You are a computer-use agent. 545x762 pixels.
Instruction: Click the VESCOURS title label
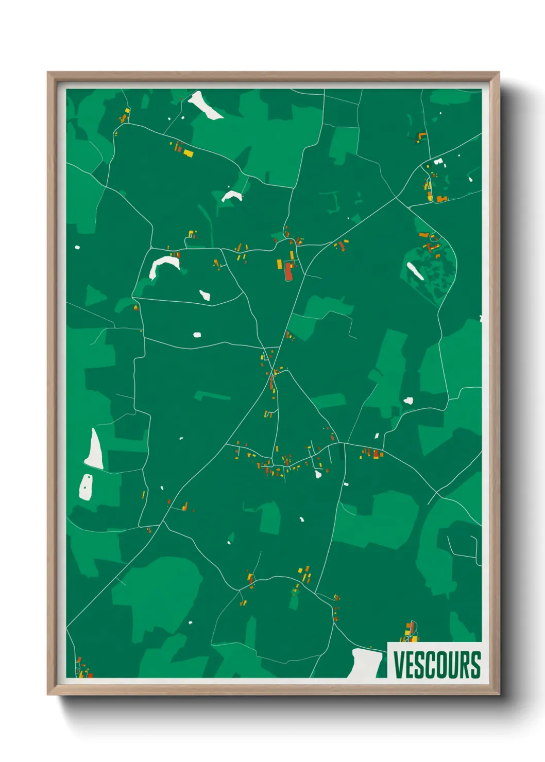[437, 665]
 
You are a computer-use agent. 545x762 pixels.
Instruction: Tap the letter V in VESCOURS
[399, 665]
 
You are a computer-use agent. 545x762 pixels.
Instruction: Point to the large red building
[288, 271]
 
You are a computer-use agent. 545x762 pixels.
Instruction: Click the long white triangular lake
[94, 450]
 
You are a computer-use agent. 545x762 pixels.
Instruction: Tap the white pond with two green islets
[86, 487]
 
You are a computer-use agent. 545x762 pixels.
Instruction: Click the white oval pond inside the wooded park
[415, 271]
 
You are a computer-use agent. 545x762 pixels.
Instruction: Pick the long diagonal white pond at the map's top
[206, 106]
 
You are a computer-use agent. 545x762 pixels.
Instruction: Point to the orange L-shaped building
[422, 135]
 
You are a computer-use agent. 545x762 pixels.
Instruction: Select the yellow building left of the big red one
[280, 264]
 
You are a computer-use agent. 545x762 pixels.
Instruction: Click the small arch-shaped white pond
[232, 196]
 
